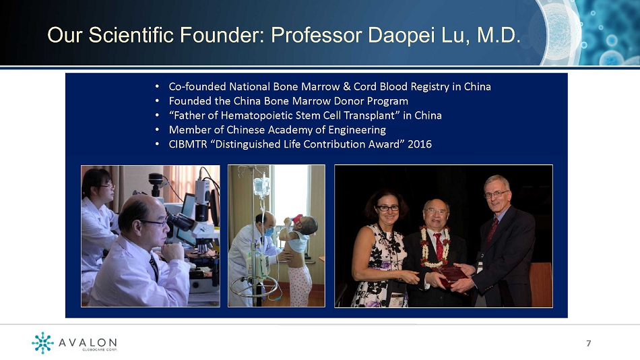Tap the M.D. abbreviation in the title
(499, 35)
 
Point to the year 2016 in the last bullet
(420, 144)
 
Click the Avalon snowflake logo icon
(42, 342)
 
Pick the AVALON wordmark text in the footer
(88, 342)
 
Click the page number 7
(589, 343)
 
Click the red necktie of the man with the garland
(439, 247)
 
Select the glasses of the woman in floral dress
(387, 208)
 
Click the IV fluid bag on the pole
(261, 186)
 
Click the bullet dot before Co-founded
(157, 86)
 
